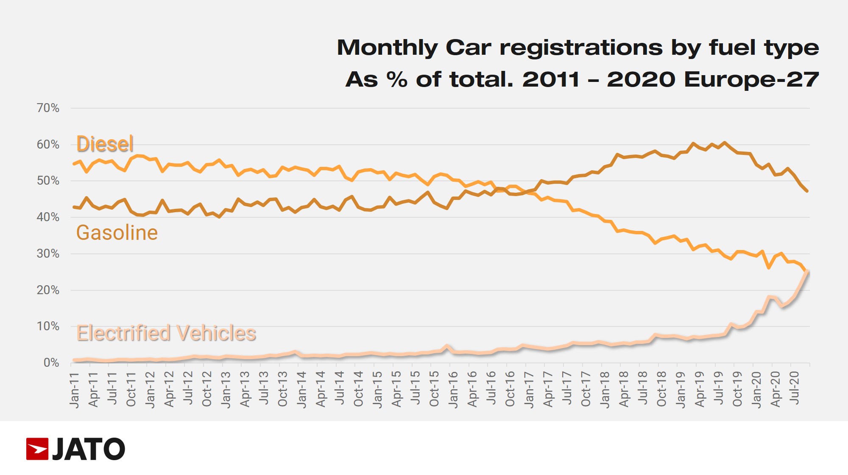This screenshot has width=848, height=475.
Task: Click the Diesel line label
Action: pyautogui.click(x=105, y=144)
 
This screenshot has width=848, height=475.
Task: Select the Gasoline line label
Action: pyautogui.click(x=117, y=233)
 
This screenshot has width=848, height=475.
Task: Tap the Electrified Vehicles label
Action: pyautogui.click(x=166, y=333)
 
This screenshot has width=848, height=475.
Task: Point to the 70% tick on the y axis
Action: pyautogui.click(x=48, y=108)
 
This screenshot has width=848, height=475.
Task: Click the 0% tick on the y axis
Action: pyautogui.click(x=51, y=363)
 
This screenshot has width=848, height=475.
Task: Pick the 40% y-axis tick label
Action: pyautogui.click(x=48, y=217)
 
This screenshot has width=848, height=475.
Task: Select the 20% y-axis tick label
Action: pyautogui.click(x=48, y=290)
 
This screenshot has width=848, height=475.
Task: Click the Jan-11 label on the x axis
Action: pyautogui.click(x=75, y=390)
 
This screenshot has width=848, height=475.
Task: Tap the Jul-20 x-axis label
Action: pyautogui.click(x=795, y=388)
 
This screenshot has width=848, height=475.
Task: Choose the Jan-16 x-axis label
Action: pyautogui.click(x=453, y=390)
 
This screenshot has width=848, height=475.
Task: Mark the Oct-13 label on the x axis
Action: pyautogui.click(x=283, y=389)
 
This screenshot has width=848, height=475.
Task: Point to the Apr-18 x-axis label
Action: pyautogui.click(x=624, y=389)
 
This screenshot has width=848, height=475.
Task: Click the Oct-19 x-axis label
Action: pyautogui.click(x=737, y=389)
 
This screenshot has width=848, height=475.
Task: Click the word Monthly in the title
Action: pyautogui.click(x=387, y=48)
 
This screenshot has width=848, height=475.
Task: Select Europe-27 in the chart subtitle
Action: pyautogui.click(x=751, y=79)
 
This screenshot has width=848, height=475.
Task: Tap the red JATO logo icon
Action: pyautogui.click(x=37, y=449)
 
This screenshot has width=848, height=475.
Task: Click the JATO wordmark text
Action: pyautogui.click(x=88, y=449)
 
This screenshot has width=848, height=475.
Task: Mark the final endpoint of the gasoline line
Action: pyautogui.click(x=807, y=191)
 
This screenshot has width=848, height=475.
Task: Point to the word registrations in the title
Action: pyautogui.click(x=581, y=48)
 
